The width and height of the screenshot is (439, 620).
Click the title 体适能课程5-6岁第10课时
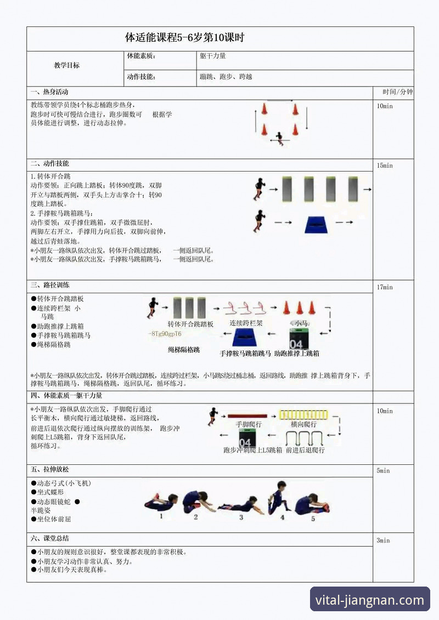point(184,38)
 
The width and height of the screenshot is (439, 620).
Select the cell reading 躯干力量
point(213,56)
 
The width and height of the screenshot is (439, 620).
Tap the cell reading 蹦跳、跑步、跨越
point(226,77)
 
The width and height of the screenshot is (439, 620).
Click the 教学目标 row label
point(67,65)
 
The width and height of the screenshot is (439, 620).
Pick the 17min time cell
point(385,287)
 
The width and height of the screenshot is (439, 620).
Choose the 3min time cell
point(383,541)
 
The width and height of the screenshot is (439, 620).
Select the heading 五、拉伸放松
point(50,470)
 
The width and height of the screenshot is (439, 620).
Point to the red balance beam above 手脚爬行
point(247,416)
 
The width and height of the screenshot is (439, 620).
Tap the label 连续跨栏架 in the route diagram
point(246,323)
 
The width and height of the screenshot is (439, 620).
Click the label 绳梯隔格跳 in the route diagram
point(184,349)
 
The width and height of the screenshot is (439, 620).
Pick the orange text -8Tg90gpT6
point(165,334)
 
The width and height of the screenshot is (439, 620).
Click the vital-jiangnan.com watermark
point(369,600)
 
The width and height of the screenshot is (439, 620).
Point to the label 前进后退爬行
point(305,450)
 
